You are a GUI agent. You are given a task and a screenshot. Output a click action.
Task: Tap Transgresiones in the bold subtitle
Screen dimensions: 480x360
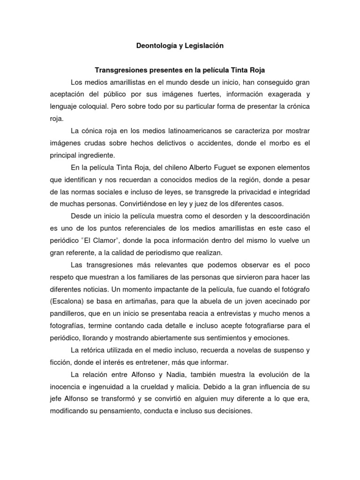(117, 70)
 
